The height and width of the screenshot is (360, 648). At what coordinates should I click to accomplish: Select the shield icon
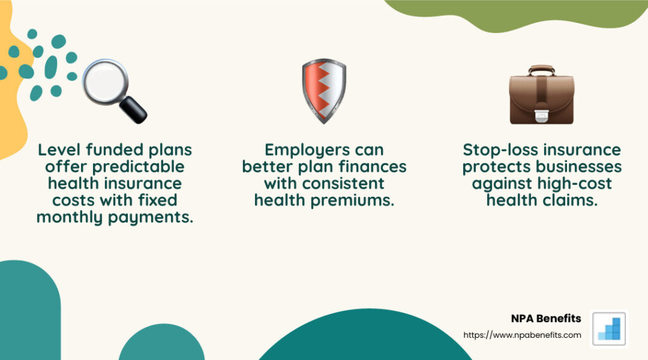coord(323,90)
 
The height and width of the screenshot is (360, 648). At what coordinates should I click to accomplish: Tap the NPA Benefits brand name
coord(545,318)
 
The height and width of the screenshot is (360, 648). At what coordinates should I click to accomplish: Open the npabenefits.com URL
coord(522,335)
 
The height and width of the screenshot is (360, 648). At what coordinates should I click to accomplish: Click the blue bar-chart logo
coord(608,328)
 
